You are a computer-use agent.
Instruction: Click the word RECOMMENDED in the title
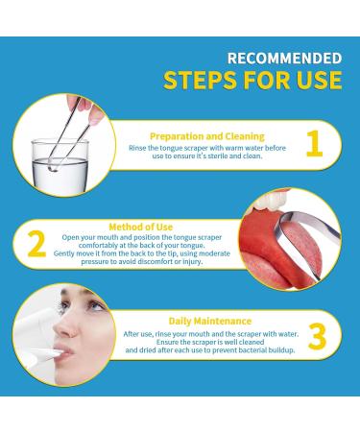pyautogui.click(x=284, y=59)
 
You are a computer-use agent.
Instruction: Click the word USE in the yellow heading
pyautogui.click(x=319, y=80)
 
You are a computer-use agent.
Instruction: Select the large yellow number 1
pyautogui.click(x=314, y=144)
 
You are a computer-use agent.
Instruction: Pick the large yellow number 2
pyautogui.click(x=36, y=244)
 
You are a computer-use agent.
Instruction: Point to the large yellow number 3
pyautogui.click(x=317, y=336)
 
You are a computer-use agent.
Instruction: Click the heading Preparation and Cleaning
pyautogui.click(x=207, y=136)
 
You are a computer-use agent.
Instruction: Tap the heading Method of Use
pyautogui.click(x=141, y=227)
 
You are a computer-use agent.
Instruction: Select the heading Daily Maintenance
pyautogui.click(x=210, y=321)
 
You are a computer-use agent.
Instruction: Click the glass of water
pyautogui.click(x=60, y=166)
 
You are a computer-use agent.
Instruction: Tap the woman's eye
pyautogui.click(x=95, y=305)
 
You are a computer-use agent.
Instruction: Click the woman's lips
pyautogui.click(x=64, y=352)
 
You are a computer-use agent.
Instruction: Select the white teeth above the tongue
pyautogui.click(x=271, y=200)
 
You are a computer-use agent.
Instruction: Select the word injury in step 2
pyautogui.click(x=193, y=262)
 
